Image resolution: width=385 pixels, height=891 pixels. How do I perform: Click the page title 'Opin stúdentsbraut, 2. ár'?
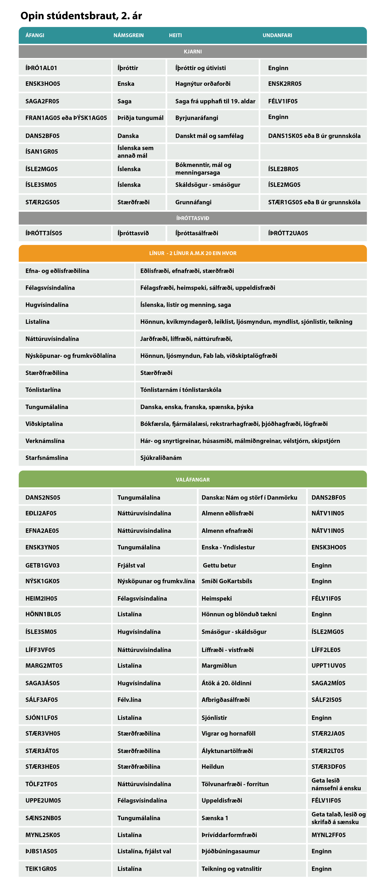point(81,16)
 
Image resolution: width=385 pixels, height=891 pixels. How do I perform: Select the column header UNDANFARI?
point(277,35)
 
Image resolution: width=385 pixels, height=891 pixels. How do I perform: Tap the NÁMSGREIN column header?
point(129,35)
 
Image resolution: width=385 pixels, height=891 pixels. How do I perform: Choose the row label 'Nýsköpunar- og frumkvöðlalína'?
point(70,356)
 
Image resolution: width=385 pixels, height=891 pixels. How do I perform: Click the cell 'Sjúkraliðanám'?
point(161,458)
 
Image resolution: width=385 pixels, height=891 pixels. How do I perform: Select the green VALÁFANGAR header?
point(192,479)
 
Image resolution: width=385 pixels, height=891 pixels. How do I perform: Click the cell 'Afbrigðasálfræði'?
point(226,699)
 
